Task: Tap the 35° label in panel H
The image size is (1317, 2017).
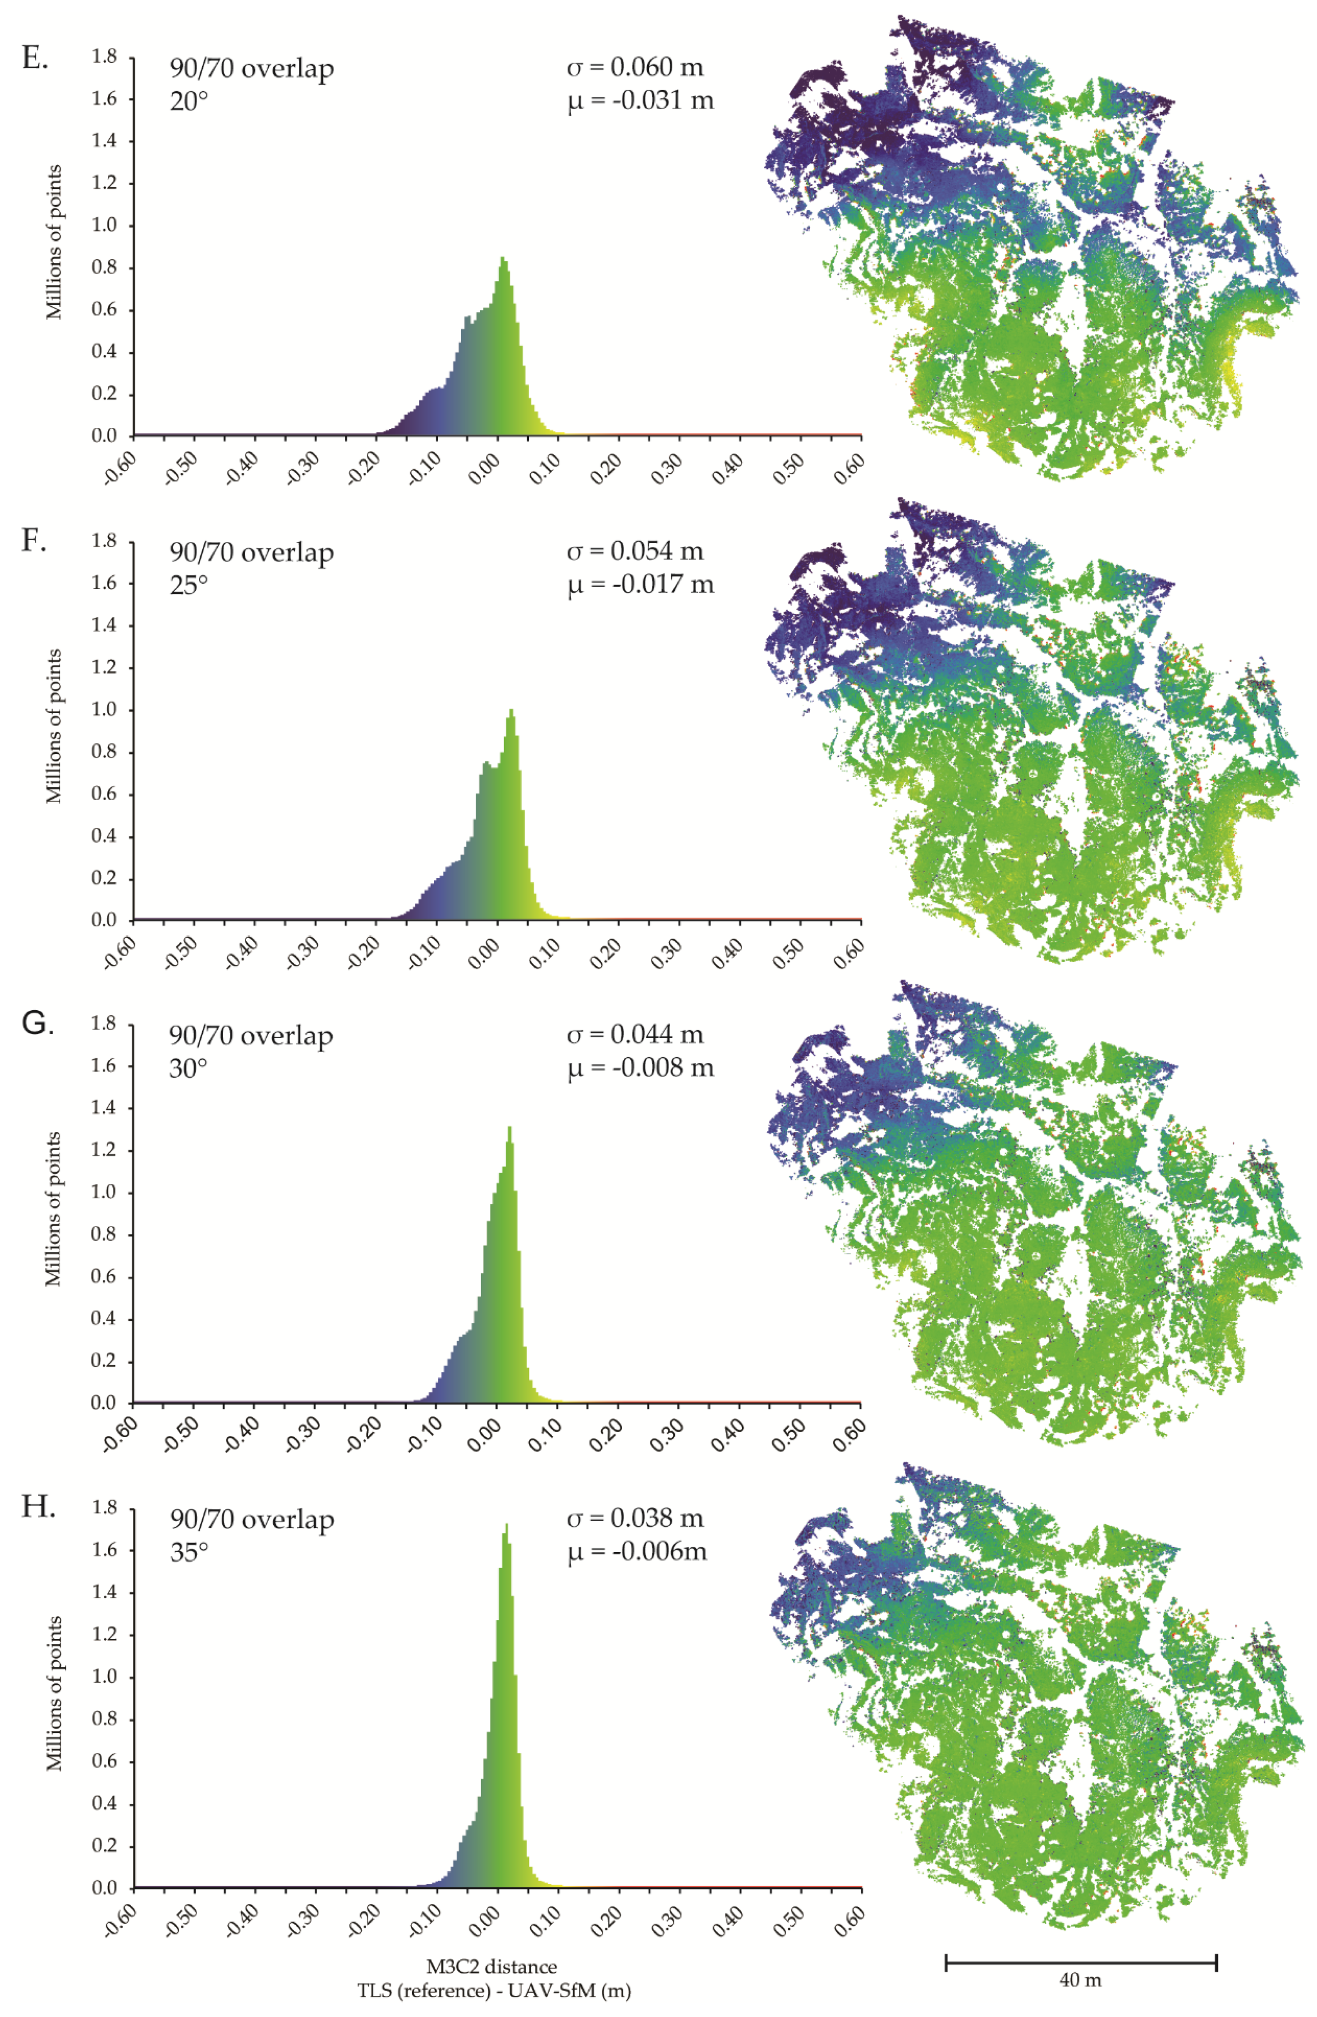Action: (188, 1552)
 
